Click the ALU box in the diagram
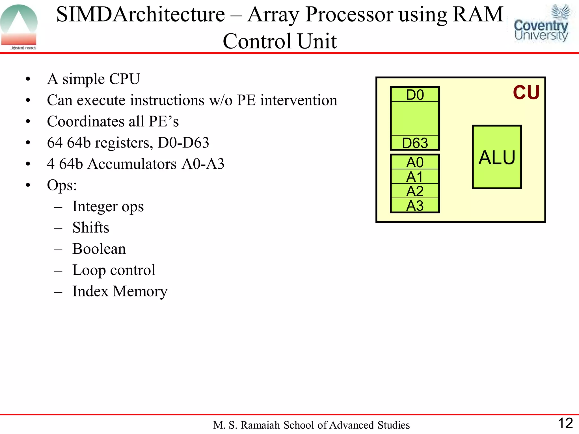497,157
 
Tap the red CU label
526,92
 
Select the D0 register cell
415,95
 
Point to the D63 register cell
415,143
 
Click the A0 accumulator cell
415,162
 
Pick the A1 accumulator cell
415,177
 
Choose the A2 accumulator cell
415,191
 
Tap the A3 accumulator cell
415,206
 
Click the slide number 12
565,423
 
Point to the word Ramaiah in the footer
260,425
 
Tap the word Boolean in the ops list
99,249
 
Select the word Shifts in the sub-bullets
91,228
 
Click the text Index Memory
120,291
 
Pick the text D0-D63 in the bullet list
183,143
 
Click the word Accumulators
132,164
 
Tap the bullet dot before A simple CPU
28,79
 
